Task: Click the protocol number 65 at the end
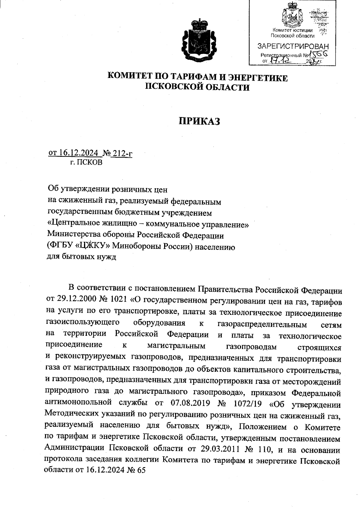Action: pyautogui.click(x=140, y=470)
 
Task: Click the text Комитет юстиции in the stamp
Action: pyautogui.click(x=292, y=30)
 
